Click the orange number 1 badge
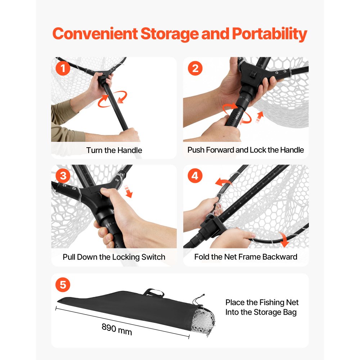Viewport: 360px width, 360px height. point(63,68)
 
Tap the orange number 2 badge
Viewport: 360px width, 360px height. point(195,68)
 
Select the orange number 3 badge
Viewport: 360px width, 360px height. point(63,176)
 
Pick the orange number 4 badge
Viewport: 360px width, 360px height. point(195,176)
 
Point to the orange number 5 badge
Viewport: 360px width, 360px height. point(63,285)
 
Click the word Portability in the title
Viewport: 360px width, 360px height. point(270,34)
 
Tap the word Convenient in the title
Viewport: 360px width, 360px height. point(95,34)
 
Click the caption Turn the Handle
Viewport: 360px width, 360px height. point(114,150)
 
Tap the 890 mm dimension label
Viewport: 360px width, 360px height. point(117,329)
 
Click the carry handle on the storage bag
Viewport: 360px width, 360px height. point(153,292)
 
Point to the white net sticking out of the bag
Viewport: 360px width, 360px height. point(204,321)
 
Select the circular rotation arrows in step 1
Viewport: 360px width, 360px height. point(112,99)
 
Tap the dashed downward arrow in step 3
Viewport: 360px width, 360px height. point(128,191)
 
